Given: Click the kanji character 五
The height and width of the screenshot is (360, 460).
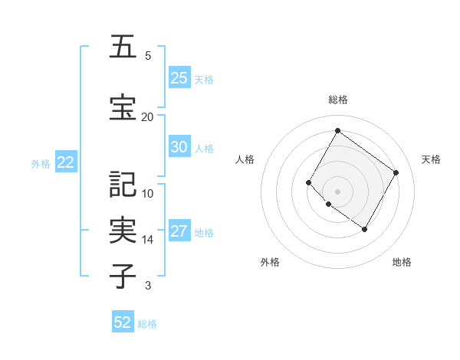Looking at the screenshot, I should pyautogui.click(x=123, y=47).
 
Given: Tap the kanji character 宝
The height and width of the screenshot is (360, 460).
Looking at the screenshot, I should pyautogui.click(x=123, y=108).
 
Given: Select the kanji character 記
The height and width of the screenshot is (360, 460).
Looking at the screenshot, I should pyautogui.click(x=123, y=184).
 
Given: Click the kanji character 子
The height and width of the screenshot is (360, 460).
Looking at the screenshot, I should pyautogui.click(x=123, y=277).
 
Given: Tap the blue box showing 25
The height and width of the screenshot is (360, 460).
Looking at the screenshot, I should pyautogui.click(x=179, y=78).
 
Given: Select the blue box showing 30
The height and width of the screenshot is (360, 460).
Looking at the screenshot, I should pyautogui.click(x=179, y=147).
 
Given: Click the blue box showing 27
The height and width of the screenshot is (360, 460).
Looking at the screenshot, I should pyautogui.click(x=179, y=232).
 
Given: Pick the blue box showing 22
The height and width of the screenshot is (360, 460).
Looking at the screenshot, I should pyautogui.click(x=65, y=162).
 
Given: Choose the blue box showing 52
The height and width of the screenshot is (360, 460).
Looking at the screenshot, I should pyautogui.click(x=123, y=322).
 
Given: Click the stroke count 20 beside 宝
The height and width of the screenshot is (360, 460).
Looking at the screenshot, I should pyautogui.click(x=147, y=116).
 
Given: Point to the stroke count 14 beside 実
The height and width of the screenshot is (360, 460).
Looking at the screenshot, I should pyautogui.click(x=147, y=239).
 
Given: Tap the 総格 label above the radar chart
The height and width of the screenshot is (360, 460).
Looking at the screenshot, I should pyautogui.click(x=337, y=100).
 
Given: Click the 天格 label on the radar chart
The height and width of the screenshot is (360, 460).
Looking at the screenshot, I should pyautogui.click(x=431, y=159).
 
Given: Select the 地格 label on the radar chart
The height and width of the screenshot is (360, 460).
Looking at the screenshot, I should pyautogui.click(x=402, y=262).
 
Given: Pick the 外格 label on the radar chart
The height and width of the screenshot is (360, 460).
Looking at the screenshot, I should pyautogui.click(x=270, y=262).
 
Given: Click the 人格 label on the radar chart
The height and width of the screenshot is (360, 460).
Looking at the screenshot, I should pyautogui.click(x=245, y=159).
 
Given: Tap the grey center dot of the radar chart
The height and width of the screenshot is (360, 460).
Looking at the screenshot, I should pyautogui.click(x=337, y=191).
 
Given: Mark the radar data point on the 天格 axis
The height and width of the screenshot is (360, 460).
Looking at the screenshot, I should pyautogui.click(x=396, y=172).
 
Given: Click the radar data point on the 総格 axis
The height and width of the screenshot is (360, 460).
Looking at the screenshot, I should pyautogui.click(x=337, y=130).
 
